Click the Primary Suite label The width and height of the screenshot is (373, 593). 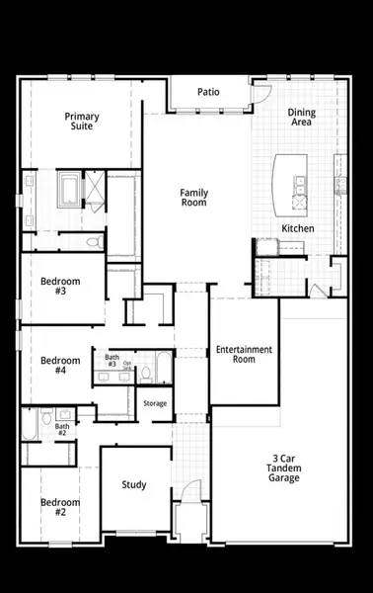82,122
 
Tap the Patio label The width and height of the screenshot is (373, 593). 208,92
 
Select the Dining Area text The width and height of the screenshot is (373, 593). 301,118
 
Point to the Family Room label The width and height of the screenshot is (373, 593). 193,197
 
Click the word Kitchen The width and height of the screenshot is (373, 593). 298,228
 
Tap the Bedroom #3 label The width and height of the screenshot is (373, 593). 61,287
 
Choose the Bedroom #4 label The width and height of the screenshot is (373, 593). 61,366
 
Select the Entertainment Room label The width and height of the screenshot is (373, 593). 244,354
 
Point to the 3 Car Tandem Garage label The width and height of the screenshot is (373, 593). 286,467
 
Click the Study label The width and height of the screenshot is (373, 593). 134,484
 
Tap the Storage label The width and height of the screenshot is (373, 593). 155,403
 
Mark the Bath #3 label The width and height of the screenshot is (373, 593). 112,361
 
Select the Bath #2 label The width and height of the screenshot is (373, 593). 61,430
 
